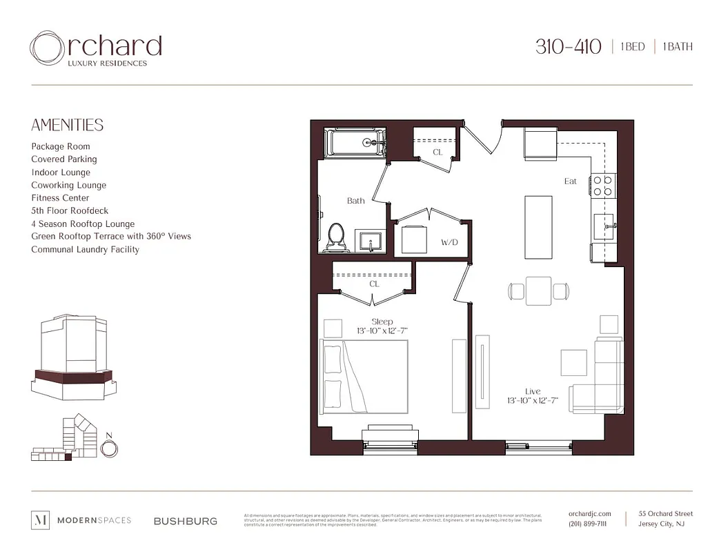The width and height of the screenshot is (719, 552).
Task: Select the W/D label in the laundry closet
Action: [x=449, y=243]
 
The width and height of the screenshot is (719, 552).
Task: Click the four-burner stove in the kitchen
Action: [x=602, y=185]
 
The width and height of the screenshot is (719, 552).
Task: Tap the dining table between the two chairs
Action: [x=538, y=290]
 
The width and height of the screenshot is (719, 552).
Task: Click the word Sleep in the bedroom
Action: [x=382, y=322]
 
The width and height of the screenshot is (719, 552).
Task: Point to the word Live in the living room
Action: [x=532, y=391]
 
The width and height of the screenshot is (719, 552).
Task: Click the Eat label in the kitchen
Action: [x=570, y=181]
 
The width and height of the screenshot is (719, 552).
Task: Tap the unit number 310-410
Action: [x=569, y=47]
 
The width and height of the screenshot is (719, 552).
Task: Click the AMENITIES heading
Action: [x=68, y=125]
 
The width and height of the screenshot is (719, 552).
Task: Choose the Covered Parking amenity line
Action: [x=64, y=159]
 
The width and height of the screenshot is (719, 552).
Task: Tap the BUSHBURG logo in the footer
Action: [x=185, y=521]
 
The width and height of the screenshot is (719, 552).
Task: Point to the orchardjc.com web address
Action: [x=589, y=513]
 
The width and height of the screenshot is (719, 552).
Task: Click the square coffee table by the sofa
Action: [x=573, y=362]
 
